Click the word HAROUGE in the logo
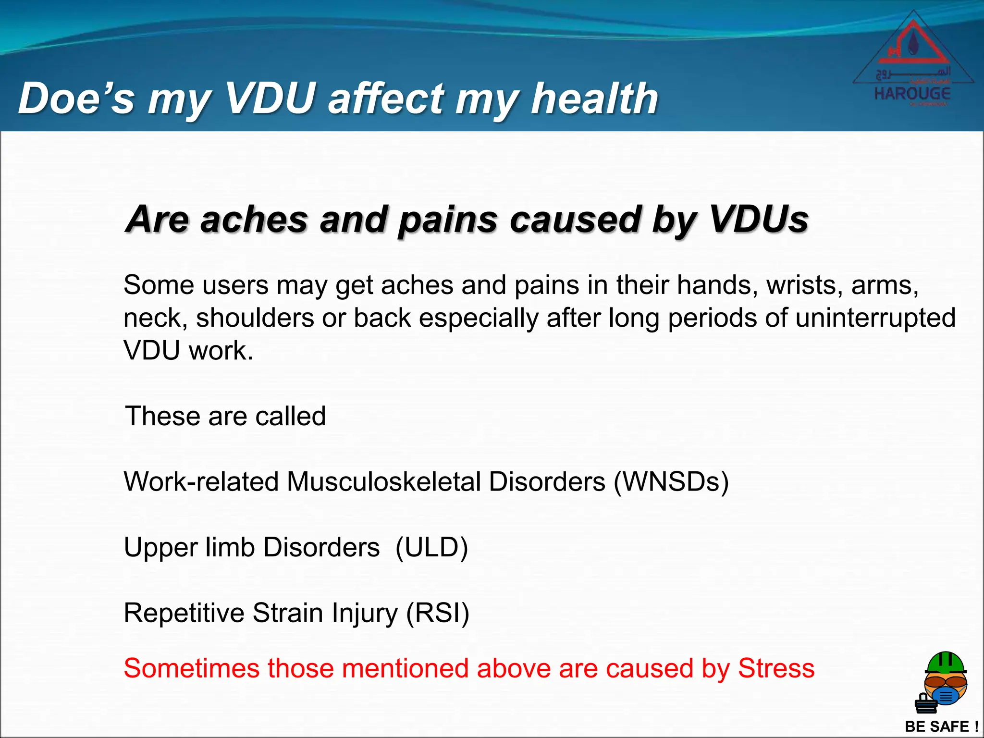[x=912, y=93]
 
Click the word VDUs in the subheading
[x=759, y=219]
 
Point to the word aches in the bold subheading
[x=254, y=219]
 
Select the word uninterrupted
[x=875, y=318]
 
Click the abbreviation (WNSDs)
[x=671, y=481]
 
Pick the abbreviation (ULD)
[x=431, y=547]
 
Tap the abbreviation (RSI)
[x=438, y=613]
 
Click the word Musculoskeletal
[x=384, y=481]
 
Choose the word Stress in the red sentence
[x=776, y=668]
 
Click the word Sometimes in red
[x=192, y=668]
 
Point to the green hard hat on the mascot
[x=946, y=662]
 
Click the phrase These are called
[x=225, y=416]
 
